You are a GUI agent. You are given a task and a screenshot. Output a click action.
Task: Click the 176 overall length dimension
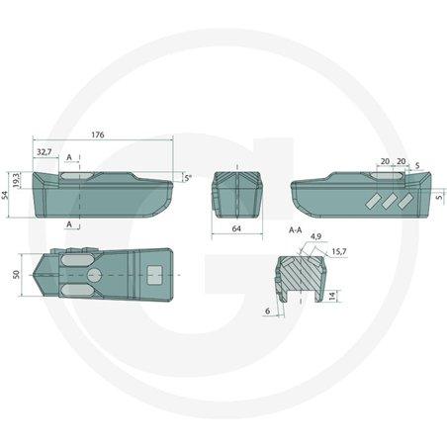coord(98,134)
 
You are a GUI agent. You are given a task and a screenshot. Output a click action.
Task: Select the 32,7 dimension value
coord(45,152)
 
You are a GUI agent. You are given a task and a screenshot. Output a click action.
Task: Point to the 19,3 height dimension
coord(16,181)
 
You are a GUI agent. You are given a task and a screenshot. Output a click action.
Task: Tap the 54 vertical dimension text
coord(4,195)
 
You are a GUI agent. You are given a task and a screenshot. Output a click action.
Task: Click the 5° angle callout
coord(188,178)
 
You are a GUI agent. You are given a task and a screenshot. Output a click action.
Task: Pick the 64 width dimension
coord(236,228)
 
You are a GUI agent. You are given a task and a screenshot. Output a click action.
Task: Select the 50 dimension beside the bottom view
coord(17,275)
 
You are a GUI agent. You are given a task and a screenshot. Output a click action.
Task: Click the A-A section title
coord(295,230)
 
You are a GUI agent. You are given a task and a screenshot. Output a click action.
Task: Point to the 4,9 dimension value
coord(315,236)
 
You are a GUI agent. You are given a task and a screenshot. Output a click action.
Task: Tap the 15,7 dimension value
coord(339,252)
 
